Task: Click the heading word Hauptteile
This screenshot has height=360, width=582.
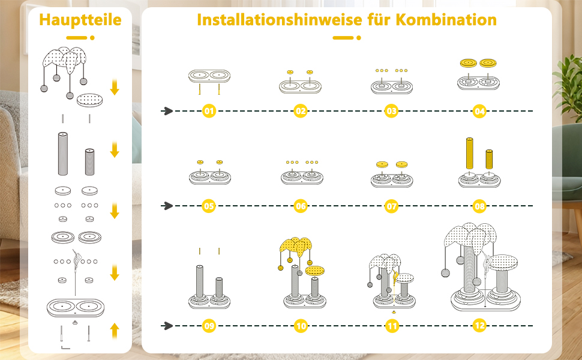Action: [80, 20]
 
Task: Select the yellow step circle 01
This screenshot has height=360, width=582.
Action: [209, 111]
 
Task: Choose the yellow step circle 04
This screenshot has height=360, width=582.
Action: [479, 111]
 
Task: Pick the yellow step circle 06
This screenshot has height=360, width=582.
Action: [301, 206]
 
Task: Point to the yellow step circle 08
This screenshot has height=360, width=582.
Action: [479, 206]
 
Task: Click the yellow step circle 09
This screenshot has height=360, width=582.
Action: [209, 326]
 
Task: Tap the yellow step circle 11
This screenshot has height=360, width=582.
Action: [392, 326]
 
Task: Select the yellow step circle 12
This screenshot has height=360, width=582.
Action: [479, 326]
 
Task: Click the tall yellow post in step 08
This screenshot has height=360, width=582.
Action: [470, 155]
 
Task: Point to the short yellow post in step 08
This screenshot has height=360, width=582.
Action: [489, 160]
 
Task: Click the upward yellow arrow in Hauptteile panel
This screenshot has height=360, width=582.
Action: [115, 330]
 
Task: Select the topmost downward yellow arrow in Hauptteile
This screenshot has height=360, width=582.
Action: [115, 88]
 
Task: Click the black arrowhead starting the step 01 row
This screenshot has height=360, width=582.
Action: [167, 111]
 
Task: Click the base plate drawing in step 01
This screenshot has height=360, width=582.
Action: [209, 77]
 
